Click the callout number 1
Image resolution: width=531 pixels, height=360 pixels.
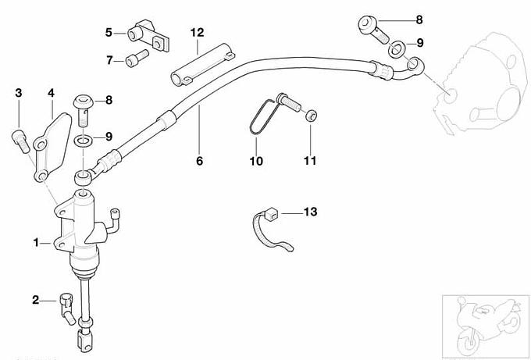[x=36, y=243]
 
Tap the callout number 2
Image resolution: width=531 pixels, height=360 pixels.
[x=36, y=299]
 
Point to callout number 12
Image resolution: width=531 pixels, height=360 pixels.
[x=197, y=32]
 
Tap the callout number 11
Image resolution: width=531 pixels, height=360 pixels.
[x=310, y=162]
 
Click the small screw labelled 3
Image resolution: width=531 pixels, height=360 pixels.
[x=19, y=140]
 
